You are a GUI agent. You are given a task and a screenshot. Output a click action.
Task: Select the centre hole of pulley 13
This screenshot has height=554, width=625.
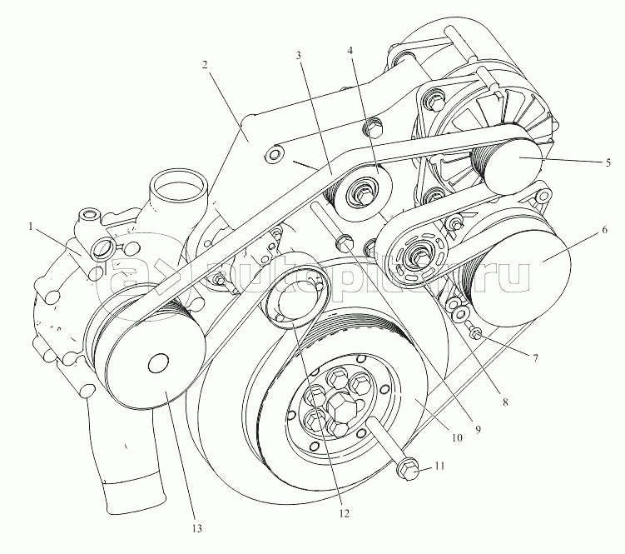156,364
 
